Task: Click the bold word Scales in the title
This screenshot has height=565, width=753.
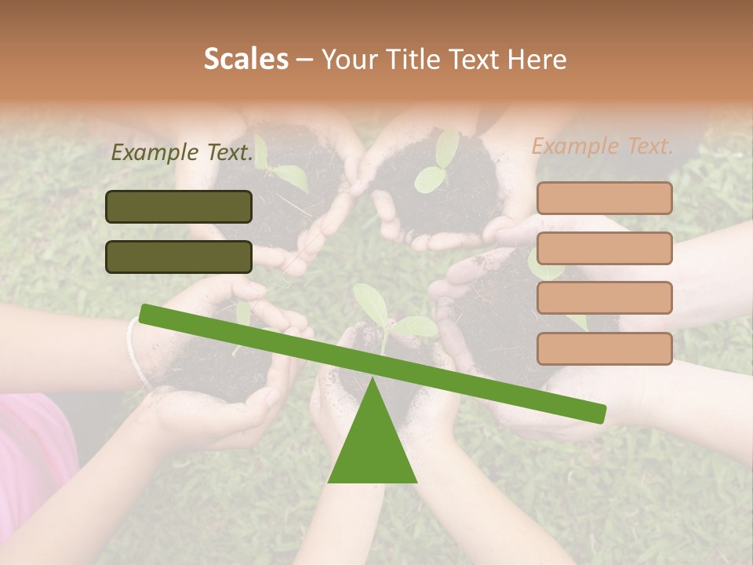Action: coord(246,59)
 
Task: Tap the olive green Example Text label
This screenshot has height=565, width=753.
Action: coord(182,152)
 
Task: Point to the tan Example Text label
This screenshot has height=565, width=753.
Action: coord(602,146)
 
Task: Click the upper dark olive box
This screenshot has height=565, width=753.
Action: coord(179,206)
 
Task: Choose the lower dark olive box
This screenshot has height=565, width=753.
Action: coord(179,257)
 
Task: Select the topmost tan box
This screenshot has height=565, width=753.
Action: coord(604,199)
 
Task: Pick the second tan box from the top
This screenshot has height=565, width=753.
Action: coord(604,248)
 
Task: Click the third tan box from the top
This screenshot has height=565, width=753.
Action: coord(604,297)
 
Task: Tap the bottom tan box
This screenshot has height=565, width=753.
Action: coord(604,348)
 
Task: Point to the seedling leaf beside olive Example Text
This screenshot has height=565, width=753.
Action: coord(286,177)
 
